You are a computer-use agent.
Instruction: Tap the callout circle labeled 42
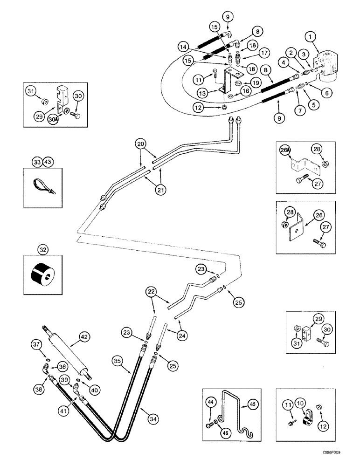point(84,335)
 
